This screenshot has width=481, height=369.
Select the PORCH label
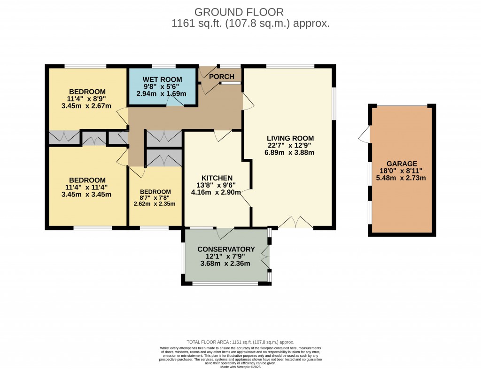221,77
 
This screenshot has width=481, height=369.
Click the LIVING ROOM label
290,138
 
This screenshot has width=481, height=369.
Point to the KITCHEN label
217,178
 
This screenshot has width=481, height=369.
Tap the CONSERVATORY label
226,249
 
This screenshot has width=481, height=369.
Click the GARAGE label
402,164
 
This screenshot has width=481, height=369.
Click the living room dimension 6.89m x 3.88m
290,152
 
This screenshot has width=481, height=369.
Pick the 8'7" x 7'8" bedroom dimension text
155,198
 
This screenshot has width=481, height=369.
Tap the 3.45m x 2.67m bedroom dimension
86,106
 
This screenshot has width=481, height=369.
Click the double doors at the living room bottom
295,222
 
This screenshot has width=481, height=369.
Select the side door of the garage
364,135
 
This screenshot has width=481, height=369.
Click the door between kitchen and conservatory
225,233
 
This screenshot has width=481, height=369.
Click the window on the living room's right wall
334,103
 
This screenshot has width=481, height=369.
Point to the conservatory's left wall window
183,258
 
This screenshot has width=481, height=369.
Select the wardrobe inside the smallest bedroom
163,158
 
